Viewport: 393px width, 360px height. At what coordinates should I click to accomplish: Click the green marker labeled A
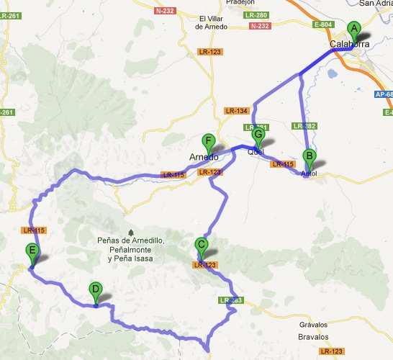click(x=353, y=30)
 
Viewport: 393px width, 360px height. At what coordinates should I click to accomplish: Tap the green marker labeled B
click(x=309, y=156)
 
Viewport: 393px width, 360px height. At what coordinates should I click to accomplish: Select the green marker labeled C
click(x=202, y=245)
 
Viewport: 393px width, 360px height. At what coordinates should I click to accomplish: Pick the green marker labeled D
click(x=95, y=290)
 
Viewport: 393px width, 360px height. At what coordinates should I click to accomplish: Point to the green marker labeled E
click(x=31, y=252)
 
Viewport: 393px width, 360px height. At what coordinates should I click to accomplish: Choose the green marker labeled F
click(x=209, y=142)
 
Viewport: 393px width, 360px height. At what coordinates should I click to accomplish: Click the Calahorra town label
click(x=349, y=45)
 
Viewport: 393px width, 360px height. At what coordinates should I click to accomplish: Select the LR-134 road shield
click(x=236, y=111)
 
